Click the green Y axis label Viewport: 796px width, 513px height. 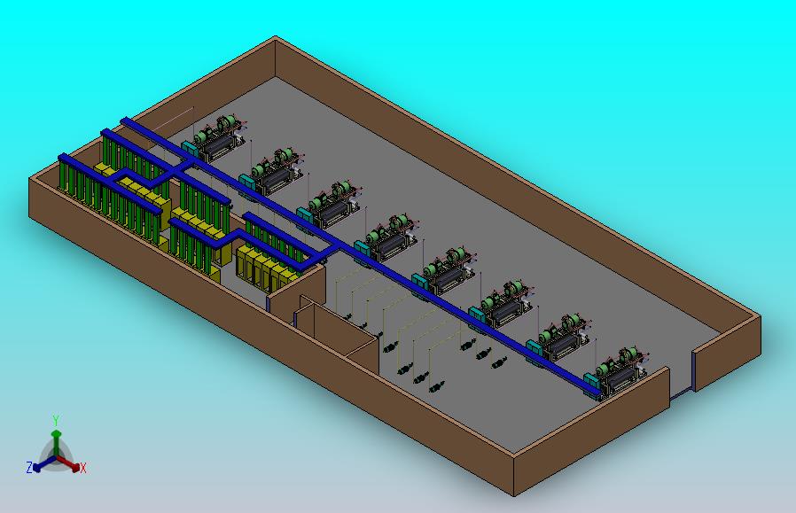click(x=55, y=420)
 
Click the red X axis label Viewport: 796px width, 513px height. click(x=82, y=468)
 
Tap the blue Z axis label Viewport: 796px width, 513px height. click(x=29, y=467)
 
